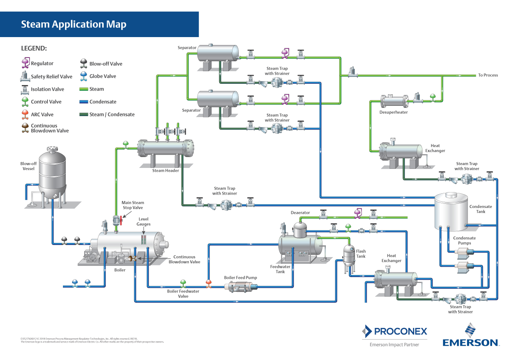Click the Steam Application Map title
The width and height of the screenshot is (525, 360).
[x=74, y=24]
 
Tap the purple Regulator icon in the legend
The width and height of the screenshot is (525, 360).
[x=25, y=63]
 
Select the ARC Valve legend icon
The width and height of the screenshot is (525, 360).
[x=25, y=114]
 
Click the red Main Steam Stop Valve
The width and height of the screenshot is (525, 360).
[x=120, y=219]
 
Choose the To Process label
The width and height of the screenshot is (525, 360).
[x=487, y=75]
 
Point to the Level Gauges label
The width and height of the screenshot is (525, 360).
[x=143, y=221]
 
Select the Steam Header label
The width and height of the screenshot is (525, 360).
[x=165, y=170]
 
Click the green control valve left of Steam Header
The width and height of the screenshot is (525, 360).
[x=125, y=144]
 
